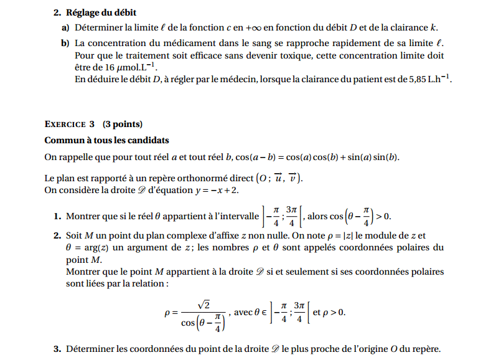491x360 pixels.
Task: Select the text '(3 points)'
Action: [123, 124]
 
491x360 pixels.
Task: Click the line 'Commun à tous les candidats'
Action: [106, 140]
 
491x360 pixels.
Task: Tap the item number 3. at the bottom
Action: [57, 349]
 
